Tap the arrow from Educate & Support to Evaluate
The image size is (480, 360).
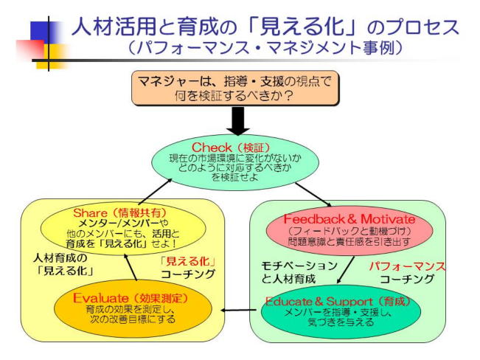pyautogui.click(x=237, y=311)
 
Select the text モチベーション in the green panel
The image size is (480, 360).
pyautogui.click(x=299, y=265)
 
